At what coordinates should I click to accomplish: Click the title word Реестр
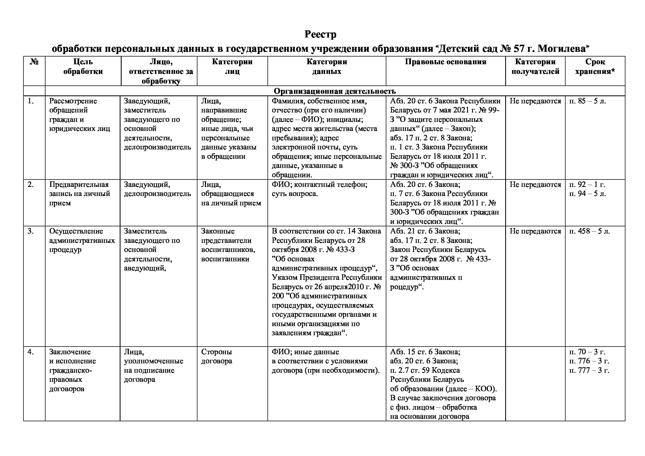(320, 34)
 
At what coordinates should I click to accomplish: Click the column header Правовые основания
(446, 62)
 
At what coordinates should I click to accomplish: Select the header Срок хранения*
(595, 66)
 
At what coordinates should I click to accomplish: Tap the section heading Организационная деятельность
(334, 91)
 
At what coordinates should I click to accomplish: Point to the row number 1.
(31, 101)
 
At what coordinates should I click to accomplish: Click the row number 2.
(31, 184)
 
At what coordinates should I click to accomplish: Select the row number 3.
(31, 231)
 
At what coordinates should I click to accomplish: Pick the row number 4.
(31, 352)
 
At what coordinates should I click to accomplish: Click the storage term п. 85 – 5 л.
(588, 101)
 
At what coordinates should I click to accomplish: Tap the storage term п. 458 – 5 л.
(589, 231)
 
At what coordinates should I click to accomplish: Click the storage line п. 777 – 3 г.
(589, 370)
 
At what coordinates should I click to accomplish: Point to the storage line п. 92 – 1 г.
(587, 184)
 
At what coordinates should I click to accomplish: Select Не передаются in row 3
(535, 231)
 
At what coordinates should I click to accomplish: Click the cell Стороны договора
(216, 356)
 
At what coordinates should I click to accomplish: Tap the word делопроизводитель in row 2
(157, 194)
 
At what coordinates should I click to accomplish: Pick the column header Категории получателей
(535, 66)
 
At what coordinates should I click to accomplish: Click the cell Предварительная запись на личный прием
(79, 194)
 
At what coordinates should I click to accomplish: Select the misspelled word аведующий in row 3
(145, 268)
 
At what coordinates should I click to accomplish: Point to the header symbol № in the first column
(34, 62)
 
